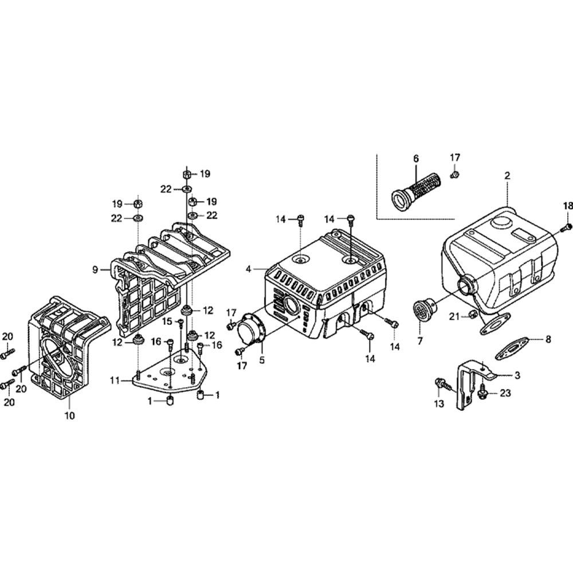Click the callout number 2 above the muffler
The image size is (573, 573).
click(507, 176)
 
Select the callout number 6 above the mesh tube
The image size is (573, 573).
click(416, 159)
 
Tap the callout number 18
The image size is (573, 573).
click(568, 206)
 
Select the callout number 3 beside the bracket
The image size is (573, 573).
click(517, 375)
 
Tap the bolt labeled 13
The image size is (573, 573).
click(441, 385)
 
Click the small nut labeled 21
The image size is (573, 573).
click(472, 313)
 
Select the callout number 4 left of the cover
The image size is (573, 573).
click(249, 269)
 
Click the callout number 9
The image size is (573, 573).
click(95, 270)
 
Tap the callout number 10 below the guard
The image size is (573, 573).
click(69, 415)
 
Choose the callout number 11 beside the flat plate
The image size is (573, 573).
click(116, 381)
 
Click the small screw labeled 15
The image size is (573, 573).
click(180, 323)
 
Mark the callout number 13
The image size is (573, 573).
click(439, 403)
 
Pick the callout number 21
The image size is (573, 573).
click(454, 316)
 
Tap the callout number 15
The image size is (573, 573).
click(167, 321)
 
